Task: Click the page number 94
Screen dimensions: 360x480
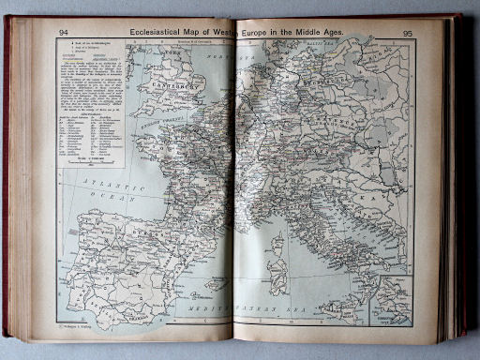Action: coord(64,32)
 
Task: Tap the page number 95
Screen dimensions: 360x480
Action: coord(408,33)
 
